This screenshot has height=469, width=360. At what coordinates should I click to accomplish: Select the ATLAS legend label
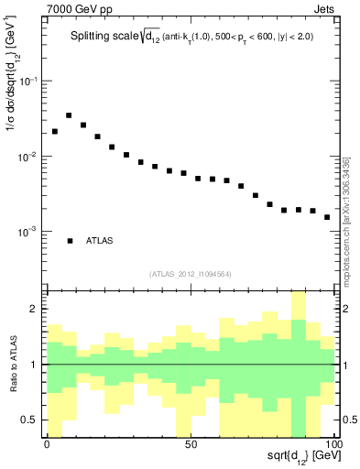[x=100, y=241]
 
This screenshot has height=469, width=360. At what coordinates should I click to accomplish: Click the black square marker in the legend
[x=70, y=241]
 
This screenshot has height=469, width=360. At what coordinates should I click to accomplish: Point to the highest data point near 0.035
[x=69, y=115]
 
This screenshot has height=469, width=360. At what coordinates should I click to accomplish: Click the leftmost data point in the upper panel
[x=55, y=131]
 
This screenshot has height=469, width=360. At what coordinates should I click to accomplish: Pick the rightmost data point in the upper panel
[x=327, y=217]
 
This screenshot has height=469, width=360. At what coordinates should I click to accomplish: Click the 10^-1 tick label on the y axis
[x=29, y=82]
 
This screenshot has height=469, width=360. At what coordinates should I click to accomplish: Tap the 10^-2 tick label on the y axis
[x=29, y=157]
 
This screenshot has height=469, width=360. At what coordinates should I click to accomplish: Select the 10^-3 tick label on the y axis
[x=29, y=232]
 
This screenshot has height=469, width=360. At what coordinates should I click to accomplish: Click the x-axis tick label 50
[x=190, y=443]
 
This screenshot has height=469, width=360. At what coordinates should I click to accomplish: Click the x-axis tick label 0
[x=47, y=443]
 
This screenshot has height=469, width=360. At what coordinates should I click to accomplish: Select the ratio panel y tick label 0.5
[x=31, y=420]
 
